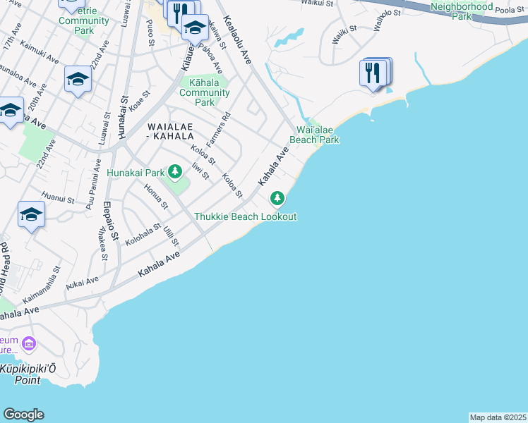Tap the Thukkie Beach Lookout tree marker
[x=277, y=200]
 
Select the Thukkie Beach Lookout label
[x=245, y=216]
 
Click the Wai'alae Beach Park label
[x=318, y=135]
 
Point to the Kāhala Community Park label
[x=204, y=92]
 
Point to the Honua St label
[x=155, y=197]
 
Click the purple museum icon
[x=29, y=344]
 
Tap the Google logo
[x=23, y=415]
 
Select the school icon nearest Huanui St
[x=31, y=215]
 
